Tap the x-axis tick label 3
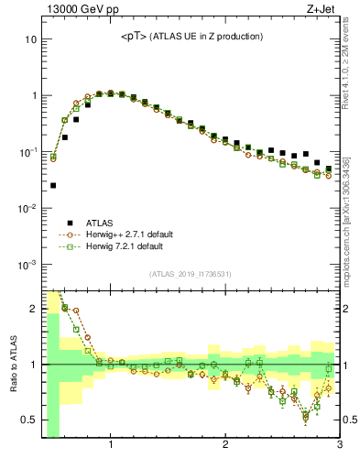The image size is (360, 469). pyautogui.click(x=339, y=446)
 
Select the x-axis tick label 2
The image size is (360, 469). pyautogui.click(x=225, y=446)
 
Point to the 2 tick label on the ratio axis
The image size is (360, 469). pyautogui.click(x=32, y=308)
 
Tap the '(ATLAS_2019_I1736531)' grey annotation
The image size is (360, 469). pyautogui.click(x=191, y=274)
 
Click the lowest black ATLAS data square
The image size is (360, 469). pyautogui.click(x=53, y=185)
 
